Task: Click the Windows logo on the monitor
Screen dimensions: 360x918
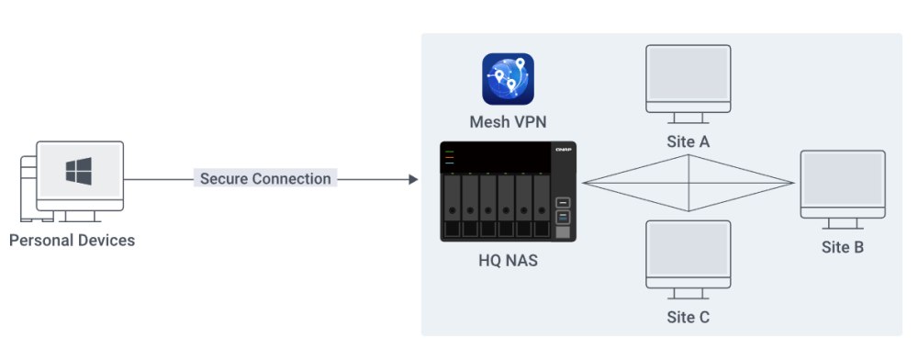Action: click(x=78, y=172)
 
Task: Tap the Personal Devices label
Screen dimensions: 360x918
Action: click(x=72, y=241)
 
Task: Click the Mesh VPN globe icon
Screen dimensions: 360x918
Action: click(x=508, y=79)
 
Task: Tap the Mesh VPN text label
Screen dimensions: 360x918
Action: click(x=508, y=122)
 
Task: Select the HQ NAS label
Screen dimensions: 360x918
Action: click(x=508, y=261)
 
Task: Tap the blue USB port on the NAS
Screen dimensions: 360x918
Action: click(x=563, y=217)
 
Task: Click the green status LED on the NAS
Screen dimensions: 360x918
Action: click(x=451, y=151)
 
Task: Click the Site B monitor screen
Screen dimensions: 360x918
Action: click(x=843, y=182)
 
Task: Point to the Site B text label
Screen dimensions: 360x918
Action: click(x=843, y=247)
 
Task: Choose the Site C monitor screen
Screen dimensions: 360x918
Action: click(x=688, y=253)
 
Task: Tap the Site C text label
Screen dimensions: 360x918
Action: click(x=688, y=318)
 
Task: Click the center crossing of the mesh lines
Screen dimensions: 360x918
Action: click(x=689, y=182)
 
